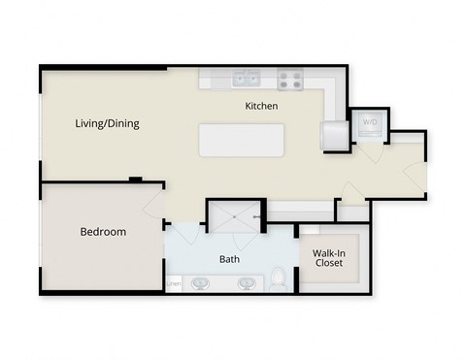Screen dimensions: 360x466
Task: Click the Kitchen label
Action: click(x=262, y=106)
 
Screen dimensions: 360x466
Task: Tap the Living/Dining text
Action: click(x=107, y=123)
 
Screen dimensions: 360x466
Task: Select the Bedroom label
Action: click(x=102, y=232)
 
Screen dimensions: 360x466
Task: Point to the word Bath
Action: click(x=229, y=259)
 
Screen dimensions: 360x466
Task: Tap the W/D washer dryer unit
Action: click(x=369, y=123)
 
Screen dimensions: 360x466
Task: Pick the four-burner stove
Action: click(x=289, y=81)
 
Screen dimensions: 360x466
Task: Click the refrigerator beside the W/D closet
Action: click(x=335, y=134)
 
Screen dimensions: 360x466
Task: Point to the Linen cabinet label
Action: click(x=174, y=283)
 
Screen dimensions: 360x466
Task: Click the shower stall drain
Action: click(x=236, y=217)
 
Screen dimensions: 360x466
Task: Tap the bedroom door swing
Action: click(x=153, y=204)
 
